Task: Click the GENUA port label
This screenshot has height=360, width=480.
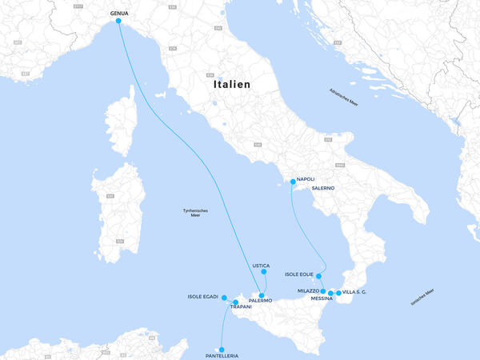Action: pyautogui.click(x=119, y=14)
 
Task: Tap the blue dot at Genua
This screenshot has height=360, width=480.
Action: pyautogui.click(x=119, y=22)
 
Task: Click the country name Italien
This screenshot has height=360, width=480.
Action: pyautogui.click(x=232, y=84)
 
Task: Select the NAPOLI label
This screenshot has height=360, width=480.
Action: pyautogui.click(x=306, y=179)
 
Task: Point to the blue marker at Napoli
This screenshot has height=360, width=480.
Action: pyautogui.click(x=294, y=182)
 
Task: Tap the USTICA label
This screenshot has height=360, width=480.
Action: pyautogui.click(x=261, y=266)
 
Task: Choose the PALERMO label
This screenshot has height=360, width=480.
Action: pyautogui.click(x=261, y=301)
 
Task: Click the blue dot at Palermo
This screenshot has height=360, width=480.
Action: pyautogui.click(x=262, y=296)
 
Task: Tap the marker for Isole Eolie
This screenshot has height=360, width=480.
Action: pyautogui.click(x=319, y=276)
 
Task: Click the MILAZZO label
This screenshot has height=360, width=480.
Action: pyautogui.click(x=308, y=291)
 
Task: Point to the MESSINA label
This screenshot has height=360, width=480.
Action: pyautogui.click(x=322, y=298)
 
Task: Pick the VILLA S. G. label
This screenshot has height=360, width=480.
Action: pyautogui.click(x=354, y=292)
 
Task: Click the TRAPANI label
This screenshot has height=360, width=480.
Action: pyautogui.click(x=241, y=307)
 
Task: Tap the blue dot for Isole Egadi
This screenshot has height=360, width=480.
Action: pyautogui.click(x=224, y=298)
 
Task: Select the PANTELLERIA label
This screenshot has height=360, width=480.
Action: pyautogui.click(x=222, y=356)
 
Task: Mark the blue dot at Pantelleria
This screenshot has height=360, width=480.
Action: pyautogui.click(x=222, y=349)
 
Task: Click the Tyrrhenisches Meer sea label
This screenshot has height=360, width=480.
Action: pyautogui.click(x=196, y=212)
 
